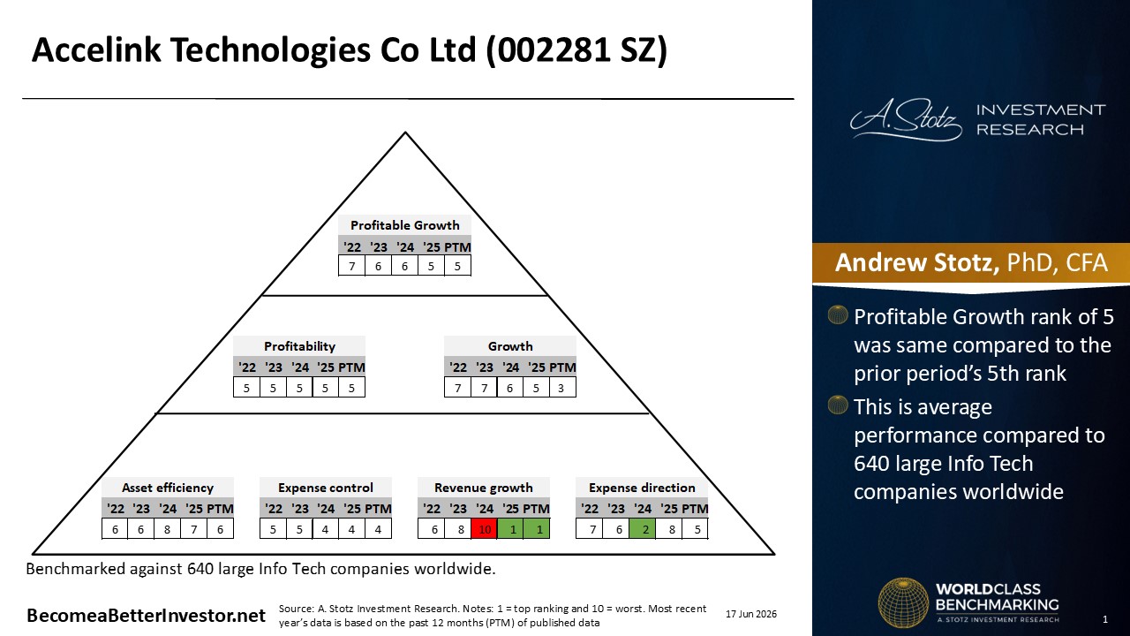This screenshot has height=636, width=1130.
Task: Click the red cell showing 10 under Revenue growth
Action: pyautogui.click(x=485, y=529)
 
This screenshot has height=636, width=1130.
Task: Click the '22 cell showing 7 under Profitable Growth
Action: pyautogui.click(x=351, y=266)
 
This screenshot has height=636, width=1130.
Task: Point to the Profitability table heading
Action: pyautogui.click(x=299, y=346)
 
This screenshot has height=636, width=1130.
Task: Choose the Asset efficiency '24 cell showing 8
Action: pyautogui.click(x=167, y=529)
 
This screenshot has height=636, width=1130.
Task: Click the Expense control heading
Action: pyautogui.click(x=326, y=488)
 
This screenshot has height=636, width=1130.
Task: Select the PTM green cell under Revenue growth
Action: pyautogui.click(x=537, y=529)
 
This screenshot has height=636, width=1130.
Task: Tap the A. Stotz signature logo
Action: pyautogui.click(x=906, y=119)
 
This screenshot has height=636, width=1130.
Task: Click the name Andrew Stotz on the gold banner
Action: pyautogui.click(x=916, y=262)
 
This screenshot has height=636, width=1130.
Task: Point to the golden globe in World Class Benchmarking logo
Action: pyautogui.click(x=903, y=602)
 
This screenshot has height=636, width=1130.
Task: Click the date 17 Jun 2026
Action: pyautogui.click(x=751, y=614)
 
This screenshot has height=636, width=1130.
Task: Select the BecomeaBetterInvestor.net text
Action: pyautogui.click(x=146, y=616)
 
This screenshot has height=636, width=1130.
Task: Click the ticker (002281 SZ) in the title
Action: pyautogui.click(x=576, y=50)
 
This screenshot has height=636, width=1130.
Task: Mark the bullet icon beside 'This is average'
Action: pyautogui.click(x=838, y=405)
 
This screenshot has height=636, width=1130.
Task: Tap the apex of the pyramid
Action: pyautogui.click(x=405, y=132)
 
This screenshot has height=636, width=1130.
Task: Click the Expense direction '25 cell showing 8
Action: pyautogui.click(x=672, y=529)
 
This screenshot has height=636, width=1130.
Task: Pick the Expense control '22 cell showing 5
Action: pyautogui.click(x=273, y=529)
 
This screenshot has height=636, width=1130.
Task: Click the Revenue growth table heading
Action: pyautogui.click(x=483, y=488)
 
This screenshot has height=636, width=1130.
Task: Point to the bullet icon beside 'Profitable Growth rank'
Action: pyautogui.click(x=838, y=315)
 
